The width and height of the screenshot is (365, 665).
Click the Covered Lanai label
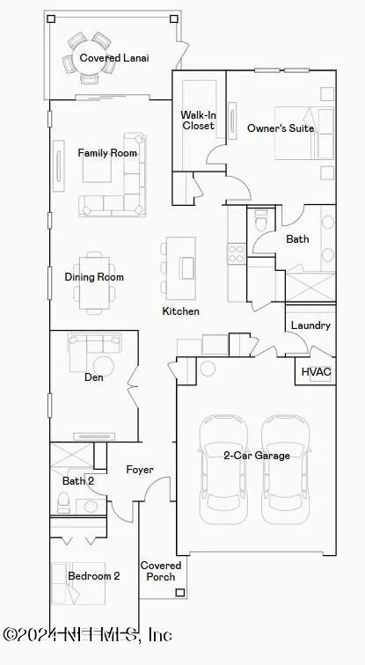[114, 58]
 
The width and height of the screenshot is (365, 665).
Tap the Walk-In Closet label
[198, 120]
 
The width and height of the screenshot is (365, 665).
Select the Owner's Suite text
[281, 128]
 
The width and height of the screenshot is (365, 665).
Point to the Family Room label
[107, 153]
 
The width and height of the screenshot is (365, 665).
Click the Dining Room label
[94, 277]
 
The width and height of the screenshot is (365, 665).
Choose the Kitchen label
[180, 311]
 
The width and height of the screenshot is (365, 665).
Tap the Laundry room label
[310, 325]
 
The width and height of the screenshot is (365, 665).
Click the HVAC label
[317, 372]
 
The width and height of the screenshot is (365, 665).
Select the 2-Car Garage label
[257, 456]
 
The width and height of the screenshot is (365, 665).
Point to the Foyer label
[140, 470]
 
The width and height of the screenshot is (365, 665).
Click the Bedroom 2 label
[94, 576]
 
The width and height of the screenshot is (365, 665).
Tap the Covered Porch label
[161, 571]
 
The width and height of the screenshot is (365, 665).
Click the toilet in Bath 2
[63, 503]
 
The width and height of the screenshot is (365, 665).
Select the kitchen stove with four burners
[237, 253]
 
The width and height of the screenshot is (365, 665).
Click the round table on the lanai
[90, 58]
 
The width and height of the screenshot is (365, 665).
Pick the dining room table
[94, 283]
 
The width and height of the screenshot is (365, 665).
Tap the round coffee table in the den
[104, 366]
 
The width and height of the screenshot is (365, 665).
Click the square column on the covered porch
[180, 593]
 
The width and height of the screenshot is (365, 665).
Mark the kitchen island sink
[186, 268]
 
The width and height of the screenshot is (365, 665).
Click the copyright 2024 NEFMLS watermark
[87, 634]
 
